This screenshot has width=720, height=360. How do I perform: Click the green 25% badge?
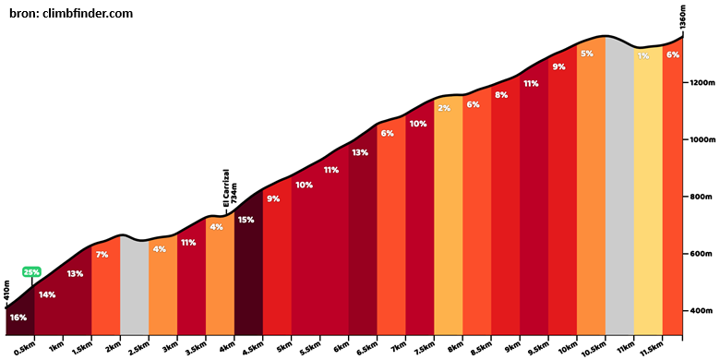point(31,271)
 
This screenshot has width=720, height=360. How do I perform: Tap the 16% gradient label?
point(18,318)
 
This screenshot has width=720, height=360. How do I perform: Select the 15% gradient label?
point(246,220)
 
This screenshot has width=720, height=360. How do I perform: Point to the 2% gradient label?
point(445,108)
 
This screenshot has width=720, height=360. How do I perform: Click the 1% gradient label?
point(643,56)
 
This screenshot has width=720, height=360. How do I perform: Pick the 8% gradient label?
point(501,95)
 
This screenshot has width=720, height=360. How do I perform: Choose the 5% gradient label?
point(587,54)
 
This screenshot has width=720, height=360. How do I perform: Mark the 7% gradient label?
point(102,255)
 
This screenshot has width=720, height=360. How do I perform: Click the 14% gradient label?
point(47,294)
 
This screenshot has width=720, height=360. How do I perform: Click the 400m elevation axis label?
point(701,311)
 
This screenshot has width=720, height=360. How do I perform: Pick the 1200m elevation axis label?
point(702,83)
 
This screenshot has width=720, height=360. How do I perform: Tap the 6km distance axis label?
point(341,348)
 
